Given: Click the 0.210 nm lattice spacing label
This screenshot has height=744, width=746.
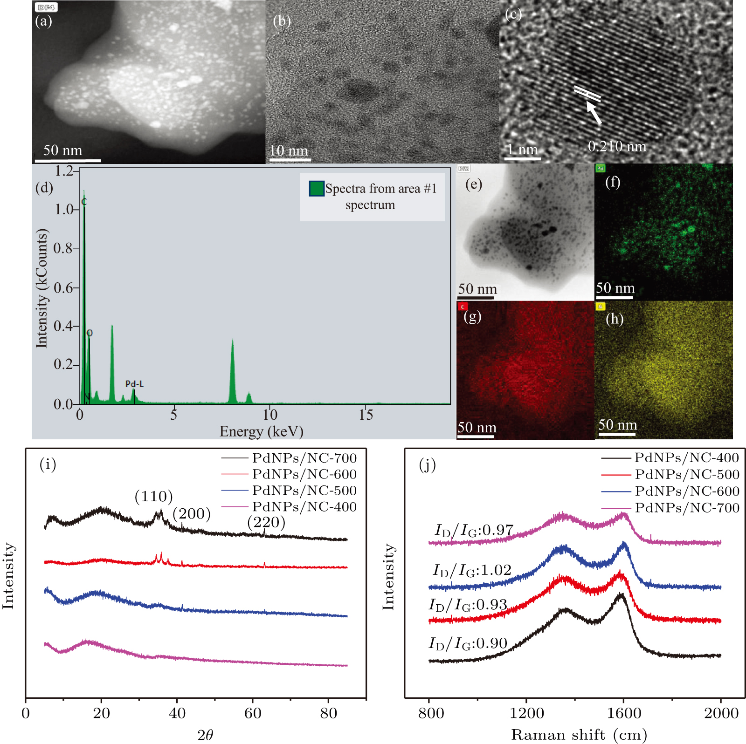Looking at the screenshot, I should (617, 147).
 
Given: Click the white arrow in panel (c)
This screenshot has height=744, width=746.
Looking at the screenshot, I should (594, 112).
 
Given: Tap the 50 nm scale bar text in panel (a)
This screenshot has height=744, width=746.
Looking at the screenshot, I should (62, 150).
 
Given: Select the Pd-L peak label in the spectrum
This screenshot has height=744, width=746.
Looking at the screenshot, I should (134, 384).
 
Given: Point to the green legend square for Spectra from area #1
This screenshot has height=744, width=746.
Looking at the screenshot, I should (317, 189).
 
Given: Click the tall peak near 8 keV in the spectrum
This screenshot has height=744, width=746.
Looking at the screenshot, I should (232, 368).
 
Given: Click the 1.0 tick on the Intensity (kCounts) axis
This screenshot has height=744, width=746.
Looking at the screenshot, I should (64, 210).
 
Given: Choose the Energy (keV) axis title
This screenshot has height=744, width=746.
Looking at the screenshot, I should (261, 432).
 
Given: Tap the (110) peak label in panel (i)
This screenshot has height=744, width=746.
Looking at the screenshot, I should (153, 497).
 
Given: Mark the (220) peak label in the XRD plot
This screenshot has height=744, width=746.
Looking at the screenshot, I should (266, 522).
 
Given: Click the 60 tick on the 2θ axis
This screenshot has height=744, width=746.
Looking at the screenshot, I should (253, 713).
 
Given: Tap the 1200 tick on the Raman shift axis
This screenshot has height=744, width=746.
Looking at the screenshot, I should (526, 713).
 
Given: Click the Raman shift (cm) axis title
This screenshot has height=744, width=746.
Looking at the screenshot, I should (579, 735).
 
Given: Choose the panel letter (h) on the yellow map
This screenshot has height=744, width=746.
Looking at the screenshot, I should (614, 319).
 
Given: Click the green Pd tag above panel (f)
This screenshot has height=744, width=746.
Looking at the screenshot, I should (600, 168).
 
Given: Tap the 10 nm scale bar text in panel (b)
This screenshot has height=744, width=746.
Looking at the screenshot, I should (289, 151).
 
